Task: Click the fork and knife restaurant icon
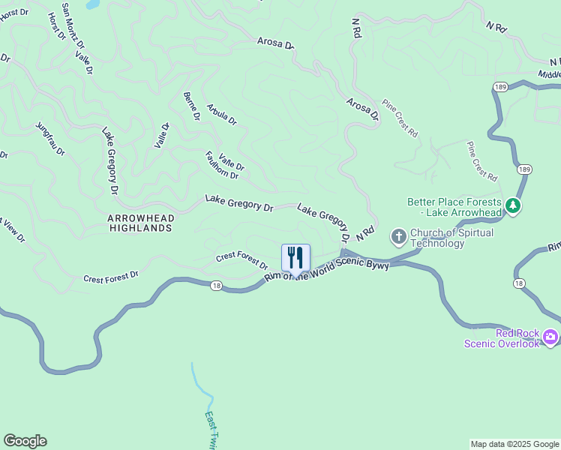click(x=295, y=257)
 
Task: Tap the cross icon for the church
click(x=398, y=238)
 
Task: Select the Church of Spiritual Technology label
click(x=452, y=238)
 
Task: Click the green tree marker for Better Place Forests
click(x=513, y=205)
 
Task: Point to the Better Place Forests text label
click(x=454, y=207)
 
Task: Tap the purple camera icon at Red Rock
click(x=551, y=337)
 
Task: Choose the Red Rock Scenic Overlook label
click(x=502, y=338)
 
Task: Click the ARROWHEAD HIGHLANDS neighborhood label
click(x=140, y=223)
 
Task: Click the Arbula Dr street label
click(x=221, y=114)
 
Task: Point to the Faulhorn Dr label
click(x=221, y=165)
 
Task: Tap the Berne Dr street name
click(x=191, y=106)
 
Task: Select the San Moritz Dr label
click(x=73, y=28)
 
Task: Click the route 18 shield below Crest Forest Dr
click(x=216, y=285)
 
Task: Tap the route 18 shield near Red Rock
click(x=519, y=283)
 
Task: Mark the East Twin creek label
click(x=211, y=430)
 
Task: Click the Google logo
click(x=25, y=441)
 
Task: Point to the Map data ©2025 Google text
click(x=514, y=444)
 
